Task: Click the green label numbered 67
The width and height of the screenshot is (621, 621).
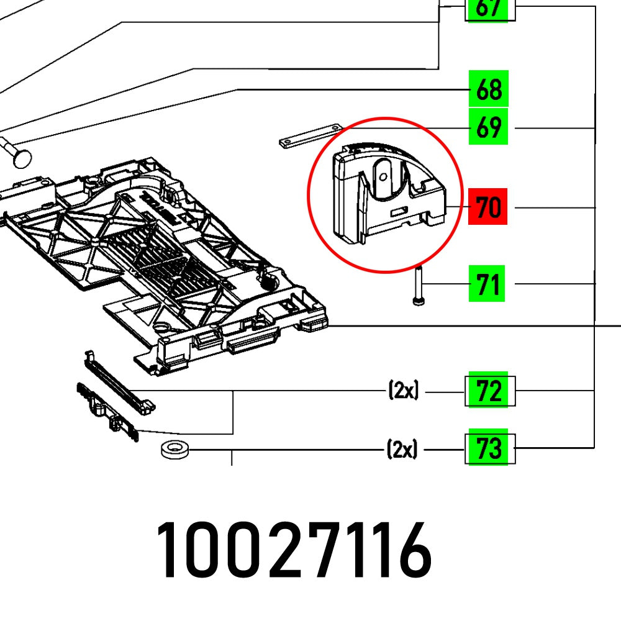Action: (489, 11)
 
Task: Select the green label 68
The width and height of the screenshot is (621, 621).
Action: (489, 89)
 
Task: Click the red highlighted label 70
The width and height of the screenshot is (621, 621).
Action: (489, 206)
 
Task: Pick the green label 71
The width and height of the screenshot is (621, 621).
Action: (489, 284)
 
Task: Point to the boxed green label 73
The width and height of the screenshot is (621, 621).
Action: (489, 448)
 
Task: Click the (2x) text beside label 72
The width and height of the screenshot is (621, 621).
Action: (403, 391)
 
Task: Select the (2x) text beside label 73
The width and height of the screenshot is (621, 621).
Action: (403, 448)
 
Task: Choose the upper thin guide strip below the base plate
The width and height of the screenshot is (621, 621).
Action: (118, 379)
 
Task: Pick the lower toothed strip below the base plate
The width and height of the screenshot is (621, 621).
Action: (109, 412)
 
